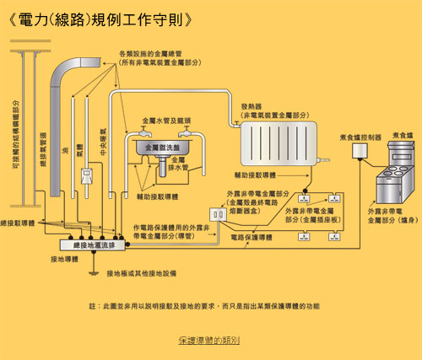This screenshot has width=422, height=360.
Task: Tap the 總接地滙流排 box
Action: pos(82,244)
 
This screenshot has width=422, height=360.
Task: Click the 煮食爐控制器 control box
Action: pos(361,151)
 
